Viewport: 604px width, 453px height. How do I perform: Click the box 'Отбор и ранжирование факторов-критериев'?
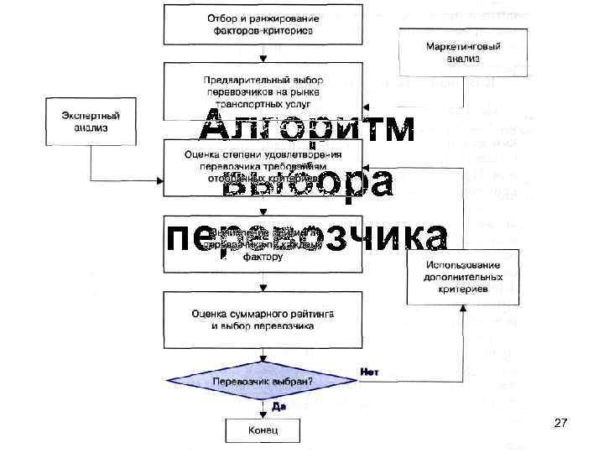263,23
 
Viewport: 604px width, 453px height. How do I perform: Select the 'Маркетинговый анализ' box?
451,51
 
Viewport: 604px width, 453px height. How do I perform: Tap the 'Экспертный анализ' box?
91,119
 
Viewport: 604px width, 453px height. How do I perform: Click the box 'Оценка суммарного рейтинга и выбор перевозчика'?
263,318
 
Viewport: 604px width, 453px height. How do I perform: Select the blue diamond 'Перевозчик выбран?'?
263,380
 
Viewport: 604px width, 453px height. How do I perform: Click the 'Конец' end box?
263,431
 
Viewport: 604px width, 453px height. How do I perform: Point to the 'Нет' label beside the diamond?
368,371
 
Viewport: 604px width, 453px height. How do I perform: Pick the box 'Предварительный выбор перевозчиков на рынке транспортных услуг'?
263,90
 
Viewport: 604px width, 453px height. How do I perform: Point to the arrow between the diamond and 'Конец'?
263,410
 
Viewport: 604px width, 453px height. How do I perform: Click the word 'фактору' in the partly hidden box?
263,258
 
